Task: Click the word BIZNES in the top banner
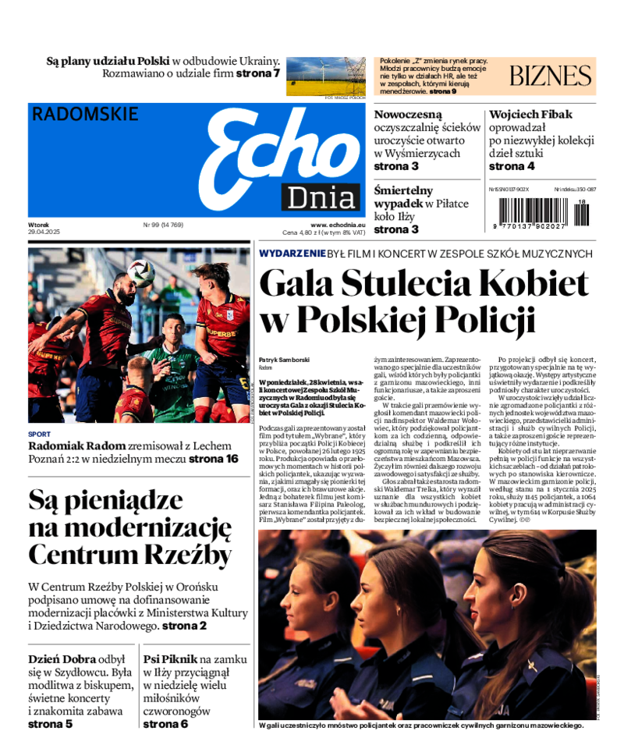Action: point(551,76)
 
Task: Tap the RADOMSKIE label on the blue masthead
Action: point(85,114)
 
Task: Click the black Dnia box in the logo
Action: point(321,198)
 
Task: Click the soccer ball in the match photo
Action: point(141,273)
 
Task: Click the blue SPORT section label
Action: point(39,435)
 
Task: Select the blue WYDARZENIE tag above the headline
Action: point(292,254)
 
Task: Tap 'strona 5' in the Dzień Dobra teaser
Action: point(51,724)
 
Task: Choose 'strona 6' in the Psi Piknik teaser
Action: point(165,724)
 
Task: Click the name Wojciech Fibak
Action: point(530,115)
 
